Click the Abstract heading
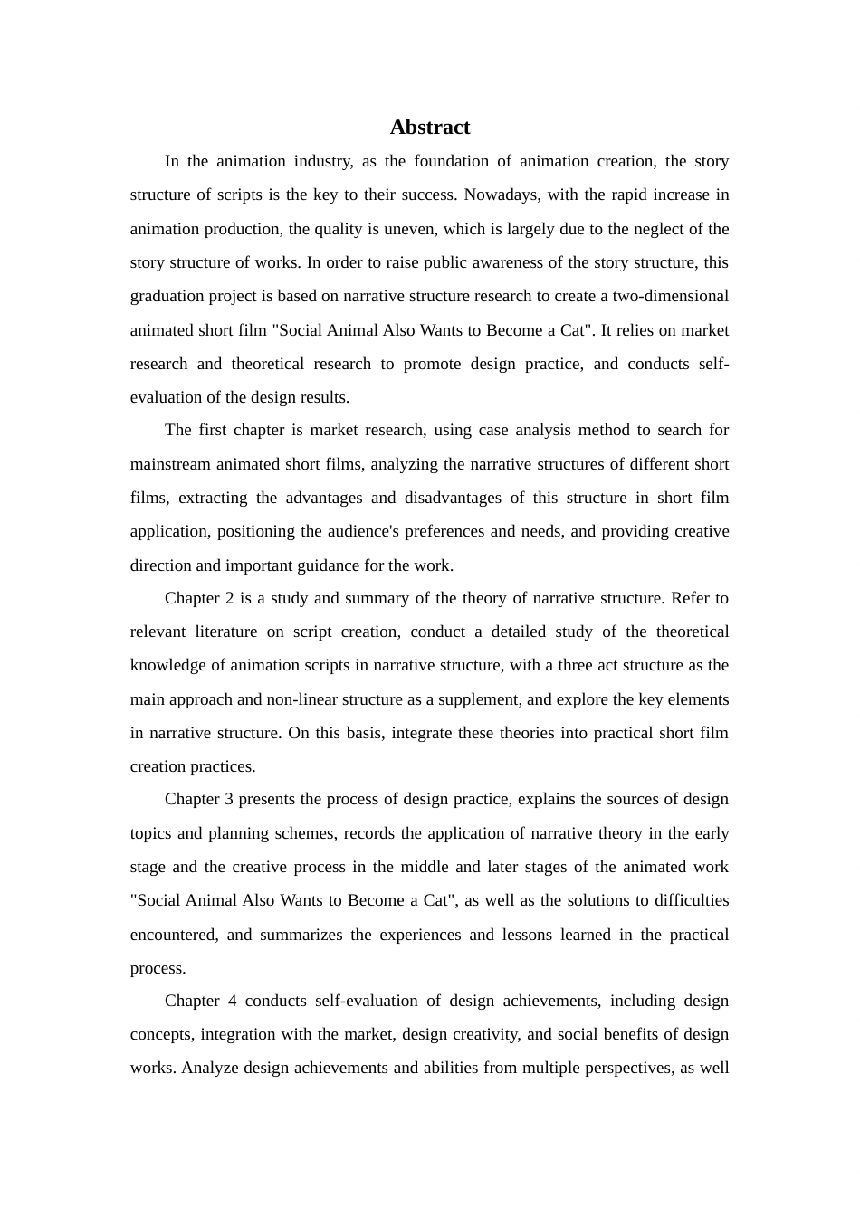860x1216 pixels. click(430, 128)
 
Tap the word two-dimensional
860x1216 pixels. click(670, 297)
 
